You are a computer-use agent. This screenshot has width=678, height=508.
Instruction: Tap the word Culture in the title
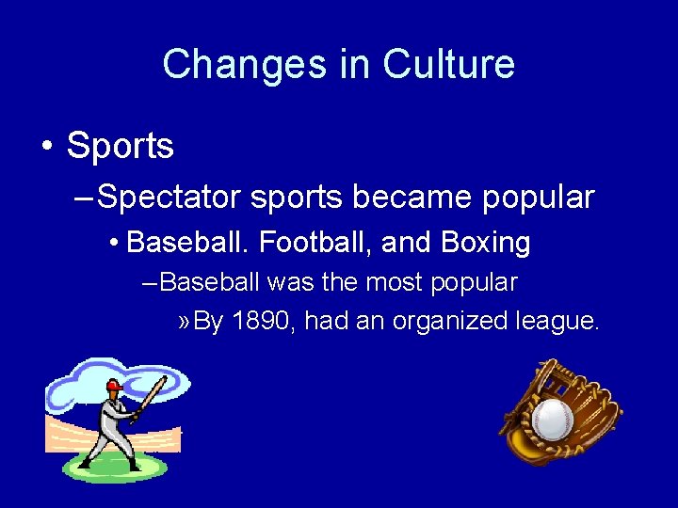click(448, 65)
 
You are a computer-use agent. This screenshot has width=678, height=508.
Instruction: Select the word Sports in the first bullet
click(121, 146)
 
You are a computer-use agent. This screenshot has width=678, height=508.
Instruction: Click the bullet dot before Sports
click(46, 147)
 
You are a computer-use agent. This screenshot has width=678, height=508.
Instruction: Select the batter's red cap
click(114, 386)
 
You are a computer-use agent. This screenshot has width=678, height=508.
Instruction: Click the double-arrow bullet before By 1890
click(185, 322)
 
